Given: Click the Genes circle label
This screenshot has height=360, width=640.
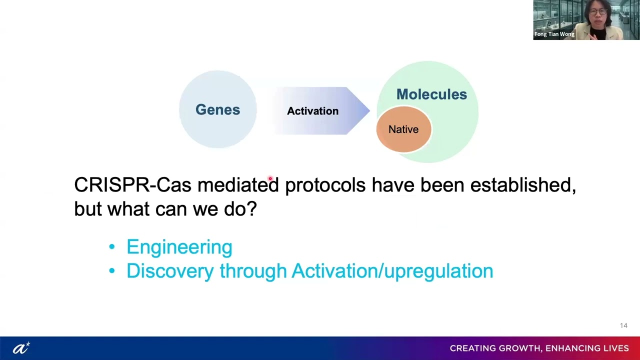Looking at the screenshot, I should pos(217,110).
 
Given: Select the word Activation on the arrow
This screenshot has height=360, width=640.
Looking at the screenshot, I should pos(312,111).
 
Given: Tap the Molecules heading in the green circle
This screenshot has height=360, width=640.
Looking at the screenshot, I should pos(431,94).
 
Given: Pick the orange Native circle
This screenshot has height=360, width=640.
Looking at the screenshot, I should pos(403,129).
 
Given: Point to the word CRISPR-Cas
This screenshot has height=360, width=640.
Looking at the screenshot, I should pos(132,185).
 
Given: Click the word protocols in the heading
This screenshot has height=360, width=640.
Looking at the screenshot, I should pos(325,185).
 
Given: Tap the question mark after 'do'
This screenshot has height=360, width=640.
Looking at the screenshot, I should pos(252,209).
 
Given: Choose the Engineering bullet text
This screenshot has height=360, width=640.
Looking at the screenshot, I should pos(179,247).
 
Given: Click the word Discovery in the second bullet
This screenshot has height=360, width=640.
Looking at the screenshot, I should pos(170,271).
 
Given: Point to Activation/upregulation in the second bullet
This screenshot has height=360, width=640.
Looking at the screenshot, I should pos(392,271).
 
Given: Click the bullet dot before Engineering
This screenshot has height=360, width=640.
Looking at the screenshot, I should pos(111,247).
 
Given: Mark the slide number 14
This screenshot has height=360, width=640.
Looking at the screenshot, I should pos(623,325).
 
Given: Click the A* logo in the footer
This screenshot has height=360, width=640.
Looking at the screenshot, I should pos(21,348).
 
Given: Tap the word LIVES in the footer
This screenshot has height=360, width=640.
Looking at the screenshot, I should pos(614,348).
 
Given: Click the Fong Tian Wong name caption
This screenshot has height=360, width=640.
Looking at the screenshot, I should pos(554,34).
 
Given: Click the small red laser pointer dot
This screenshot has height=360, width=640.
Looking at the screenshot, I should pos(270,178).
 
